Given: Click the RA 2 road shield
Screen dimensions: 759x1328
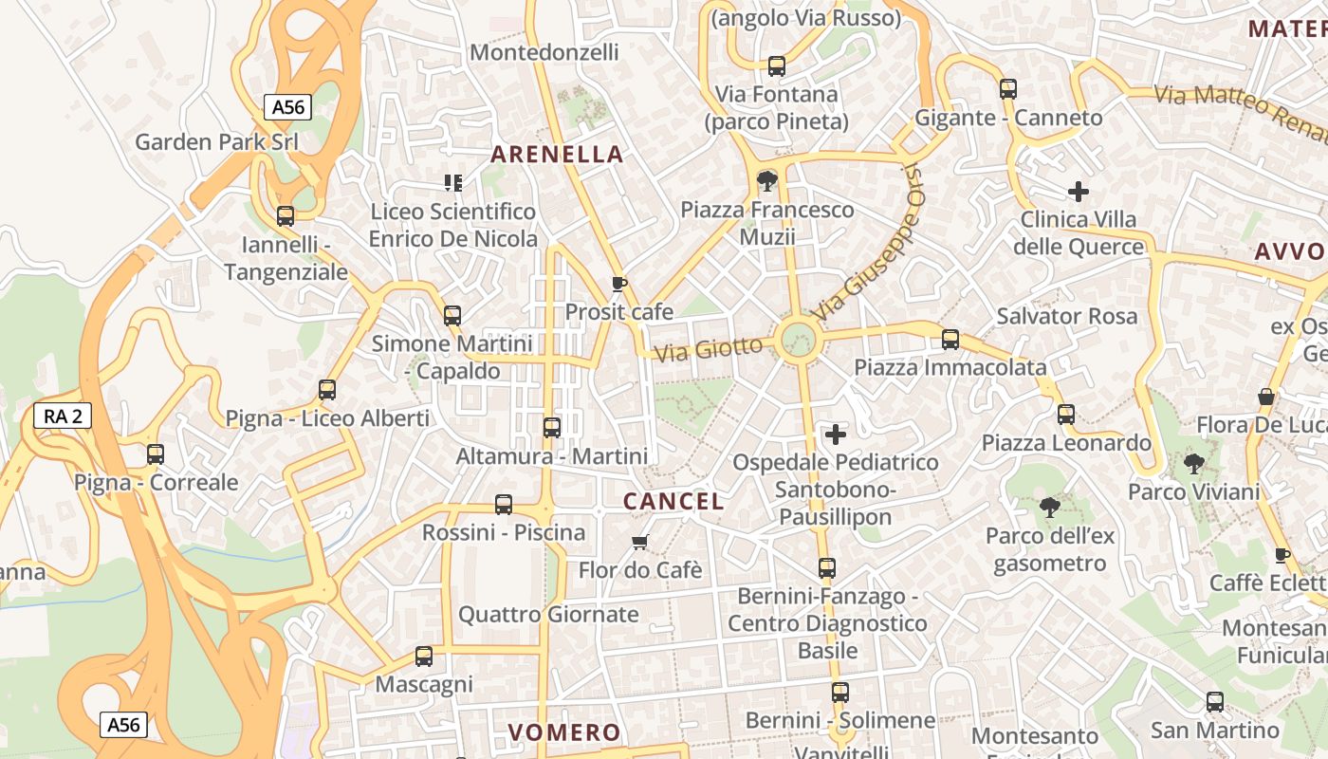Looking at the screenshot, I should [63, 415].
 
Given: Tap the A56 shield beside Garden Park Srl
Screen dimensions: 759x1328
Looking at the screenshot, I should [287, 107].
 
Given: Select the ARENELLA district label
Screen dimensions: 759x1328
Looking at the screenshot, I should [557, 155].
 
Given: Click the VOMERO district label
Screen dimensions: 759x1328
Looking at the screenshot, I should [564, 732].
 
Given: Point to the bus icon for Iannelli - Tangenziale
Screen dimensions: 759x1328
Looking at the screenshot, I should [286, 216].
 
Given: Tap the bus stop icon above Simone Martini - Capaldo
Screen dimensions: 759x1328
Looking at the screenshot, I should [452, 316].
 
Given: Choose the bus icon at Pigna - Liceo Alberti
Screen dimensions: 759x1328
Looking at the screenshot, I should [327, 390].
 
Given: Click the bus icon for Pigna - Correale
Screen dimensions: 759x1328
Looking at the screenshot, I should [156, 454].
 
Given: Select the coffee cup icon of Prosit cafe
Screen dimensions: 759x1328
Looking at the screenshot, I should [619, 284].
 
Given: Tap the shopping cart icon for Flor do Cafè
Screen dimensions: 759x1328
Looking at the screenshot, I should [640, 542].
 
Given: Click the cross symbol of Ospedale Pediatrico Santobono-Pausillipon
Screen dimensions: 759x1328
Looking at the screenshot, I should [836, 435].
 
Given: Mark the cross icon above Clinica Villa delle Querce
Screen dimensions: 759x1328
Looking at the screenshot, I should [1079, 192].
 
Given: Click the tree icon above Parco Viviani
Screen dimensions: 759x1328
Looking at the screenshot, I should [1193, 464].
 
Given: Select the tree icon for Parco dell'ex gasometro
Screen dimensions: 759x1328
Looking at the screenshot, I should [1049, 508].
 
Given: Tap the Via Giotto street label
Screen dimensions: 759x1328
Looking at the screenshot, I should [709, 349].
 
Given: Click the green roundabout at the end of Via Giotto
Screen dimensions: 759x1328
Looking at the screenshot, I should [798, 339].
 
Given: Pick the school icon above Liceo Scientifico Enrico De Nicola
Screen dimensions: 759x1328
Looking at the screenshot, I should [453, 182].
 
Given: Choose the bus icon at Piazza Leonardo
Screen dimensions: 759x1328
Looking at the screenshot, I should [1066, 415].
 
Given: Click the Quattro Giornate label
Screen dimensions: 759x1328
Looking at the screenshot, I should [548, 615].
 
